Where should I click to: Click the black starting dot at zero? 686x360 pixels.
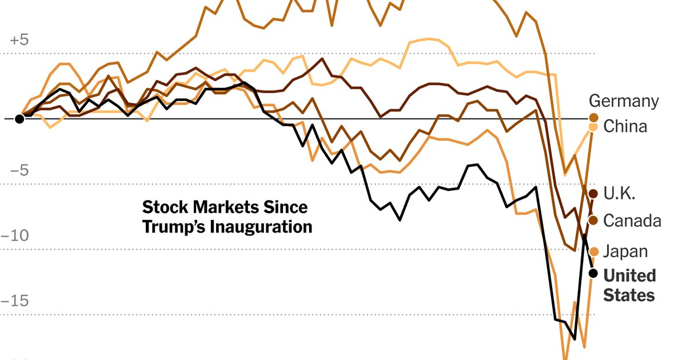click(x=19, y=119)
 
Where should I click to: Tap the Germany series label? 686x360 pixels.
click(x=624, y=102)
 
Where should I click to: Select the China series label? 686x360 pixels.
click(x=625, y=126)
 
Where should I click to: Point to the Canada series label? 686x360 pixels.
click(x=632, y=221)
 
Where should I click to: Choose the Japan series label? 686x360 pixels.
click(x=625, y=251)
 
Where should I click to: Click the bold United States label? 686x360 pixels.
click(x=629, y=285)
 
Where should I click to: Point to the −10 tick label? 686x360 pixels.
click(x=16, y=236)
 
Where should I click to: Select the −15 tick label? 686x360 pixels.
click(x=16, y=301)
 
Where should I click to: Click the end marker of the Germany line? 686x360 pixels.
click(x=593, y=118)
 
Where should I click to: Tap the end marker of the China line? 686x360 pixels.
click(x=593, y=127)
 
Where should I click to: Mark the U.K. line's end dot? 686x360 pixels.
click(x=593, y=193)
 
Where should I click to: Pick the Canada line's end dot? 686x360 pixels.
click(x=593, y=221)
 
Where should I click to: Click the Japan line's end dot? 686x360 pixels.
click(x=593, y=251)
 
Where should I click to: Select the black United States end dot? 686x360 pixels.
click(x=593, y=273)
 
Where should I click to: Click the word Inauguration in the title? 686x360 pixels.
click(x=261, y=227)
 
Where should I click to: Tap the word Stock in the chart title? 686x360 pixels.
click(x=163, y=207)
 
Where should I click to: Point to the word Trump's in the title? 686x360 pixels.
click(x=174, y=227)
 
